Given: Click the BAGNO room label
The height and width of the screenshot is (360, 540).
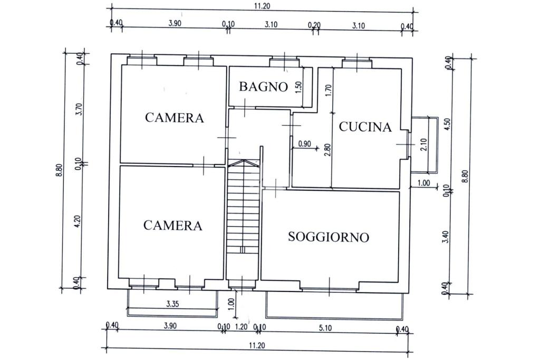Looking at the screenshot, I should click(264, 86).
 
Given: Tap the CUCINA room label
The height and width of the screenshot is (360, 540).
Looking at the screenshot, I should click(365, 127).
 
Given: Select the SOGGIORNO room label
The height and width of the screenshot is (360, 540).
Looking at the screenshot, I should click(328, 237).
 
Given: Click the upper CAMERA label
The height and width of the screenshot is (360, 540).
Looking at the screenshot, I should click(174, 118).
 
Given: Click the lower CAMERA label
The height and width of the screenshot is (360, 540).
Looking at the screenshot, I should click(172, 226).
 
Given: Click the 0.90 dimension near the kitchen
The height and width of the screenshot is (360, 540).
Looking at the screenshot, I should click(304, 143).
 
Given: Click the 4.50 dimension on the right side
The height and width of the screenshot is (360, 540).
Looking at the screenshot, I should click(448, 125).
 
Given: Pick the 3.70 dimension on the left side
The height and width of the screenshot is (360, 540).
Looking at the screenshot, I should click(79, 109).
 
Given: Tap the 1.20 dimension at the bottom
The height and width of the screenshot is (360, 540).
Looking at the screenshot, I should click(240, 327).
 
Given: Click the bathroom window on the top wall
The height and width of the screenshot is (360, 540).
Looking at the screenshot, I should click(284, 63).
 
